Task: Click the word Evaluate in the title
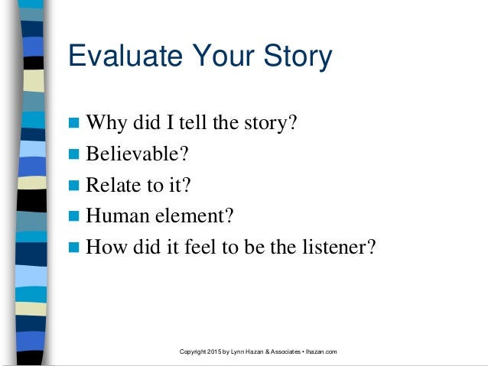coord(121,57)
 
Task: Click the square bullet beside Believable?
coord(74,156)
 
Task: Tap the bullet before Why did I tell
coord(74,124)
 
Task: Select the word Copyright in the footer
coord(190,351)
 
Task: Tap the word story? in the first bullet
coord(271,123)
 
